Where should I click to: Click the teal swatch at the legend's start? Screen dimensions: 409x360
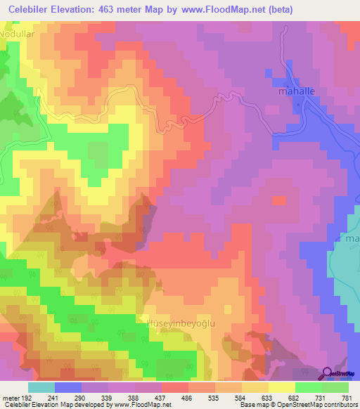point(41,387)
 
